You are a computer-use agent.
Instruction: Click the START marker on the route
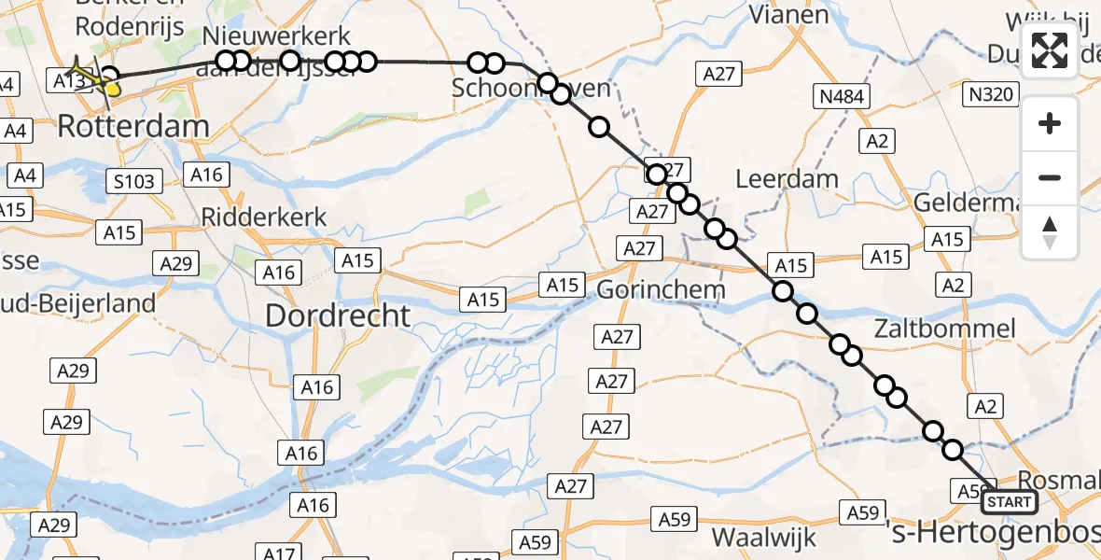1009,502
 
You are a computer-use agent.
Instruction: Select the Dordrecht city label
338,315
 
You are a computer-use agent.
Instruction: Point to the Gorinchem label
661,289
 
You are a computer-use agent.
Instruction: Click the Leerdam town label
787,178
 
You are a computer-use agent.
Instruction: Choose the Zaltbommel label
944,329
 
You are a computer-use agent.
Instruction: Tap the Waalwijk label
764,538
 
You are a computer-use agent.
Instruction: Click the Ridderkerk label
264,217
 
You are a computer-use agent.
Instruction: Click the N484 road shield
841,96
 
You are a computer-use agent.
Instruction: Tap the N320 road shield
991,94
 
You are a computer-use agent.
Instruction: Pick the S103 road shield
131,181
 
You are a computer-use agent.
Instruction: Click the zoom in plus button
1050,123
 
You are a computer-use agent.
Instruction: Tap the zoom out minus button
1050,177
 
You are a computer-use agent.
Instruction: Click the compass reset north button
1050,231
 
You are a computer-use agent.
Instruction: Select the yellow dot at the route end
113,90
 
